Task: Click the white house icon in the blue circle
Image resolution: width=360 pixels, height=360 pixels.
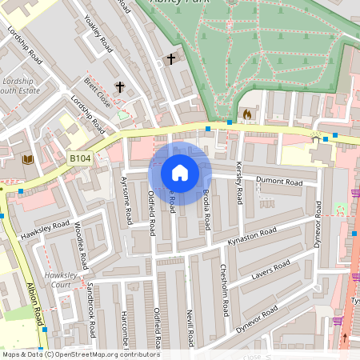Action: click(x=180, y=172)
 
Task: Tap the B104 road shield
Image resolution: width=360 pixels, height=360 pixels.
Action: click(x=78, y=159)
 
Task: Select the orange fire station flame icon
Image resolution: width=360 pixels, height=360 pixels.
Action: click(x=246, y=114)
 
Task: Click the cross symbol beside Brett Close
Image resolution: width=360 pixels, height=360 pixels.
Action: click(x=121, y=86)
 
